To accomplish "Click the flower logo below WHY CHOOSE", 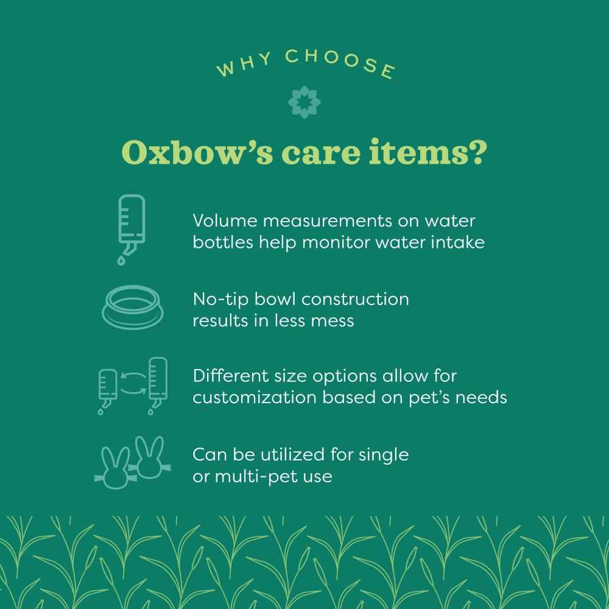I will coord(304,102).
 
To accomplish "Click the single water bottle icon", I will coord(132,222).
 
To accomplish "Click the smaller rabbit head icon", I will coord(115,468).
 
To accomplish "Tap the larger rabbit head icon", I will coord(149,457).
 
